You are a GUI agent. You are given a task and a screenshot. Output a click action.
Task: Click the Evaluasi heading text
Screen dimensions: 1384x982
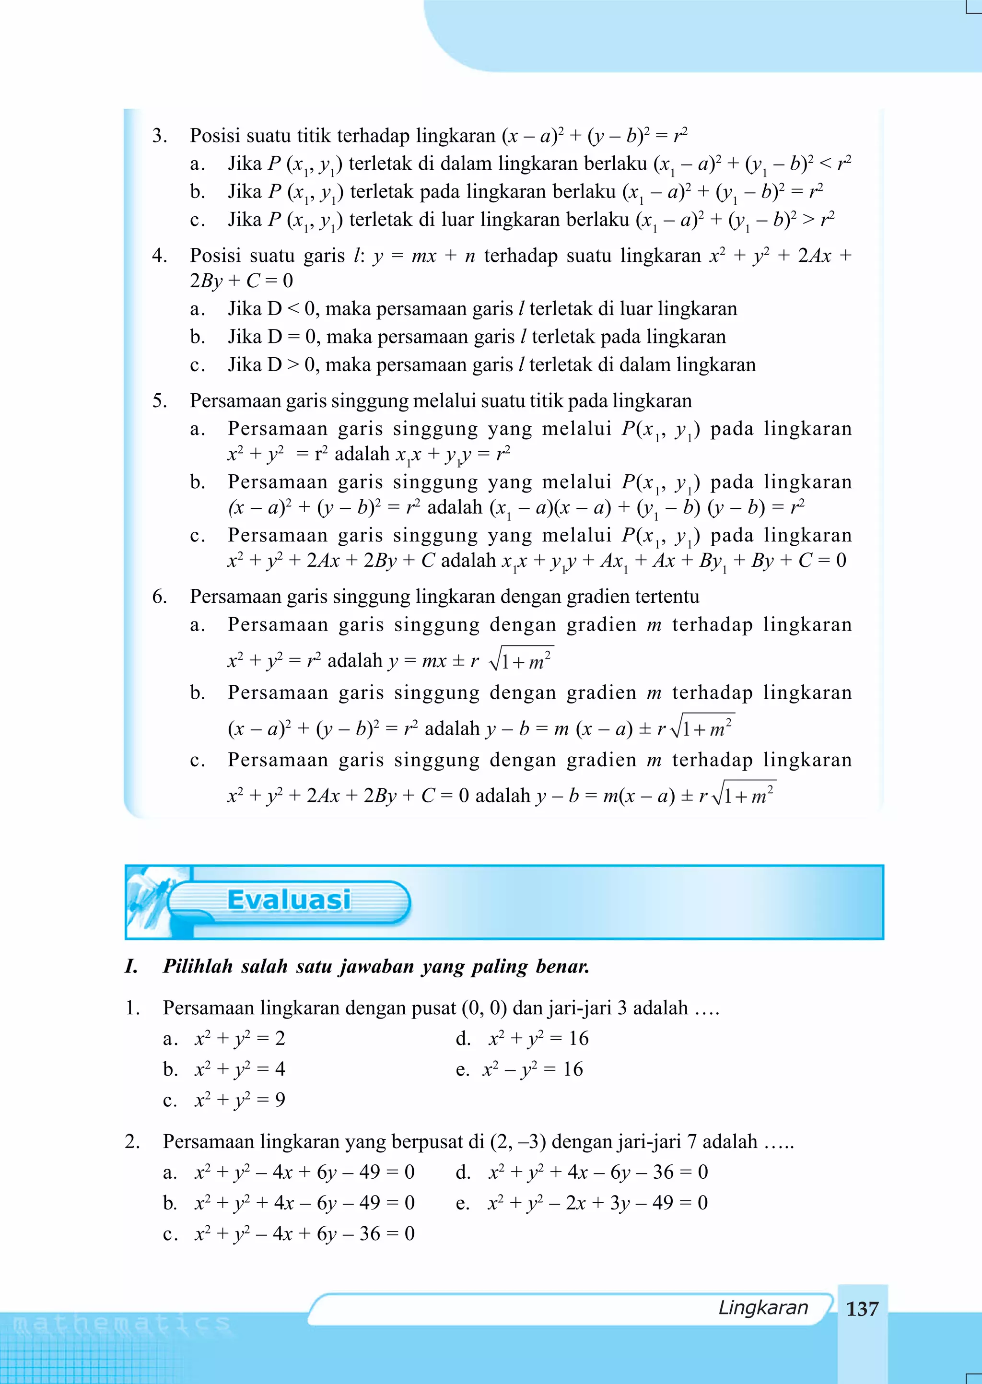coord(289,900)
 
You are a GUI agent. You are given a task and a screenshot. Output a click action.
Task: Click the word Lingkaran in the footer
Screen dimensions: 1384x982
coord(762,1307)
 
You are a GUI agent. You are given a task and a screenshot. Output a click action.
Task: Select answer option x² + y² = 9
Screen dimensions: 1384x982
coord(239,1099)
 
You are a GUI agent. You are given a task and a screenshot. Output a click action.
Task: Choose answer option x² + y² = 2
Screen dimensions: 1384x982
coord(239,1038)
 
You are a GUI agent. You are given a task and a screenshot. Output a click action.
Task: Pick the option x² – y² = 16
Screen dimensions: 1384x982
coord(532,1069)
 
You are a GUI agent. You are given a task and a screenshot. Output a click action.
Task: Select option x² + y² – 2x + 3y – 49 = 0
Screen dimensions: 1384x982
coord(597,1203)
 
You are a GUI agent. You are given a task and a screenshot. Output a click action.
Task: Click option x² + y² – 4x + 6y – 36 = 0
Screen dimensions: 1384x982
coord(304,1233)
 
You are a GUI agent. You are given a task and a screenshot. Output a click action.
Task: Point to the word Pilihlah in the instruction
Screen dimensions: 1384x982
coord(197,966)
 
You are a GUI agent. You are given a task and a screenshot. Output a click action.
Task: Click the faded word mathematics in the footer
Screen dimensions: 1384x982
coord(121,1324)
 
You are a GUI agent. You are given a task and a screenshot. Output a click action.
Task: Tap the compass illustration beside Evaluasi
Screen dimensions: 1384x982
coord(148,901)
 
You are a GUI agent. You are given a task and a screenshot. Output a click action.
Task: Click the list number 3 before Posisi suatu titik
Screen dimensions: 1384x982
coord(159,135)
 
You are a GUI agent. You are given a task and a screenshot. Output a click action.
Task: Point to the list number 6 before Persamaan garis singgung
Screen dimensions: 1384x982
coord(159,596)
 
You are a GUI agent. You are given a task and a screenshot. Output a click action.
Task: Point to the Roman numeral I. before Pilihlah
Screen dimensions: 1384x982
coord(132,966)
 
